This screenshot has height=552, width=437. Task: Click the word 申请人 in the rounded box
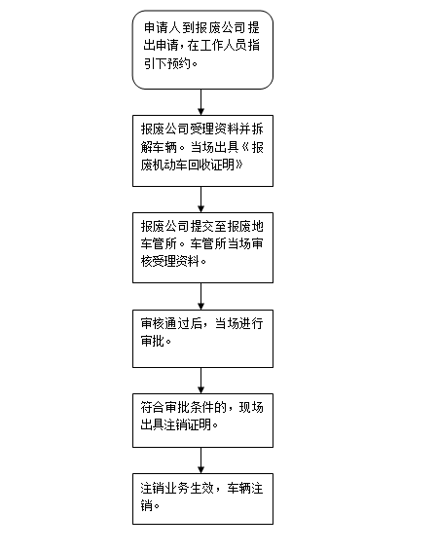[163, 28]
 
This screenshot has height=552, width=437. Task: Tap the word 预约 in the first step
[179, 63]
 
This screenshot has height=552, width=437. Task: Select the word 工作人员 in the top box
[224, 46]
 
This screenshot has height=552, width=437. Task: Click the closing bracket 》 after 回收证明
[238, 165]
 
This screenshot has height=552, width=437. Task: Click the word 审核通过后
[171, 324]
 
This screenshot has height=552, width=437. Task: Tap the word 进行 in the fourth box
[250, 324]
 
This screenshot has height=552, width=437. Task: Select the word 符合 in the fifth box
[153, 408]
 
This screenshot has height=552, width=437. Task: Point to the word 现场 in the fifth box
[251, 408]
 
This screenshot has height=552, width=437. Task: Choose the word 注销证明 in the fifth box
[189, 424]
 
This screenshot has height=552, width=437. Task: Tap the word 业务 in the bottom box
[177, 489]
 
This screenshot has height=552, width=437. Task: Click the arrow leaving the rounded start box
[200, 102]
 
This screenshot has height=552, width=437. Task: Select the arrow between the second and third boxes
[200, 200]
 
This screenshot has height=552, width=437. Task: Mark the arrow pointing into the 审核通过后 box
[200, 296]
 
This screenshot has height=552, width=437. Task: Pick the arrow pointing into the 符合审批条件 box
[200, 381]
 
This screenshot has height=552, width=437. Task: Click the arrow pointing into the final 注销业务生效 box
[200, 460]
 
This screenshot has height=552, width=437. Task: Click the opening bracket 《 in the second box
[245, 147]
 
